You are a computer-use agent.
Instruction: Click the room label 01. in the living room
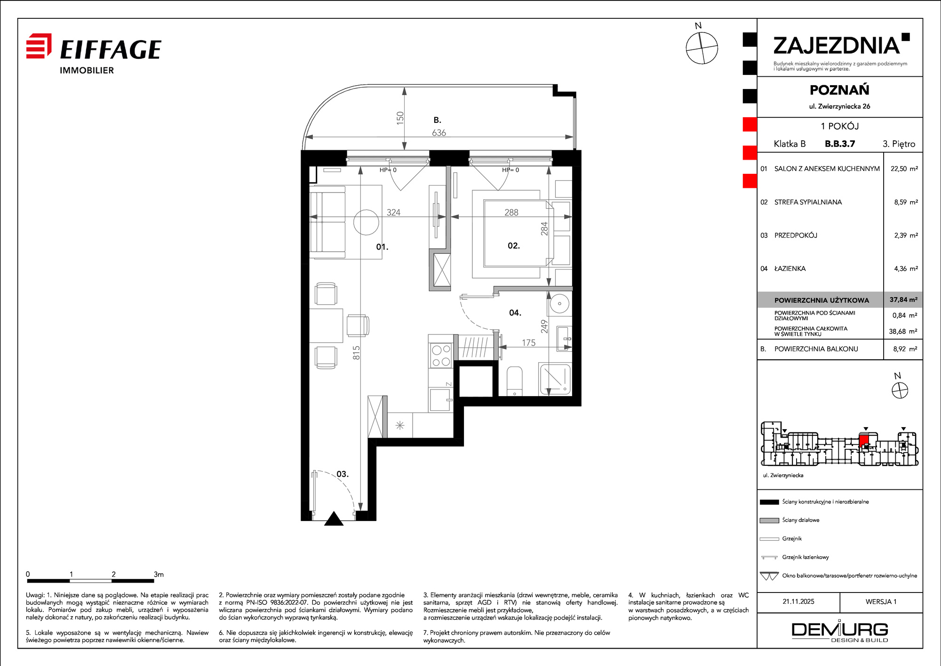click(x=382, y=247)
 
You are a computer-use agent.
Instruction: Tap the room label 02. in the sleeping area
click(x=514, y=245)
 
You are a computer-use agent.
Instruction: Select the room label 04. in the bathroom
click(x=515, y=313)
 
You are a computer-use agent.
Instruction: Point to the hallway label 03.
click(x=343, y=474)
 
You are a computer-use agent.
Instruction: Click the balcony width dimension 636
click(x=439, y=133)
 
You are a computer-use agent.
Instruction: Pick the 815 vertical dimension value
click(x=356, y=353)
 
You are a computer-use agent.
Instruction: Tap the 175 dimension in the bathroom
click(x=528, y=343)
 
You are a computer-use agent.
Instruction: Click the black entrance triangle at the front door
click(x=334, y=519)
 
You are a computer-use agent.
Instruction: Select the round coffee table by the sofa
click(x=366, y=222)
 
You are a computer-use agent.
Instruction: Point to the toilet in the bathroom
click(x=515, y=382)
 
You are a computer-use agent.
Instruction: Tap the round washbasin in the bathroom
click(x=559, y=304)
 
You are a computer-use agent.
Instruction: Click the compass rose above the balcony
click(x=702, y=48)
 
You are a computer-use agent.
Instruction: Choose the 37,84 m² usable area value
click(x=903, y=300)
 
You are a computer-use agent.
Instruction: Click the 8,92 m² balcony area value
click(x=905, y=349)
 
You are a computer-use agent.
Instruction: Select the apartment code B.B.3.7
click(x=840, y=144)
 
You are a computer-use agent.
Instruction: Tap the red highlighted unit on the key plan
click(x=864, y=441)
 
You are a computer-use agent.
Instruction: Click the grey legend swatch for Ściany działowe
click(x=769, y=520)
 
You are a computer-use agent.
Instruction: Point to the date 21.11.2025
click(x=798, y=601)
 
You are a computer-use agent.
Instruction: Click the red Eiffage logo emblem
click(x=39, y=46)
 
